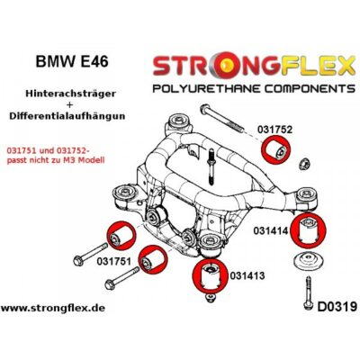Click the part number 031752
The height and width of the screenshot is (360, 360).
click(274, 130)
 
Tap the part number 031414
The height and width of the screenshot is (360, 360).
click(271, 230)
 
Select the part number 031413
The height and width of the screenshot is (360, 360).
click(247, 275)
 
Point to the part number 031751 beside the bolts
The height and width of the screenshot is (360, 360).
click(114, 261)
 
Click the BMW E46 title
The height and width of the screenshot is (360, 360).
click(72, 61)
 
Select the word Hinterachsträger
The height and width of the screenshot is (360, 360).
click(70, 94)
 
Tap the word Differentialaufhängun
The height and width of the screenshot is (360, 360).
click(67, 116)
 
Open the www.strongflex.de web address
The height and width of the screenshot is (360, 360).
click(53, 308)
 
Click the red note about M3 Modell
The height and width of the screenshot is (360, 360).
click(56, 157)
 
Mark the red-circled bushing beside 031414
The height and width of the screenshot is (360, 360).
click(309, 229)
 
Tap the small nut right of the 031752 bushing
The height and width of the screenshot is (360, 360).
click(305, 164)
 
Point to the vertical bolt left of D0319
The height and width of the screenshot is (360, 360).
click(308, 293)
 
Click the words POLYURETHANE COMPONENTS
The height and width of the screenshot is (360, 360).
click(254, 88)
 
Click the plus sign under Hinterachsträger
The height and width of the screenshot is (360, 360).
click(70, 104)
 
